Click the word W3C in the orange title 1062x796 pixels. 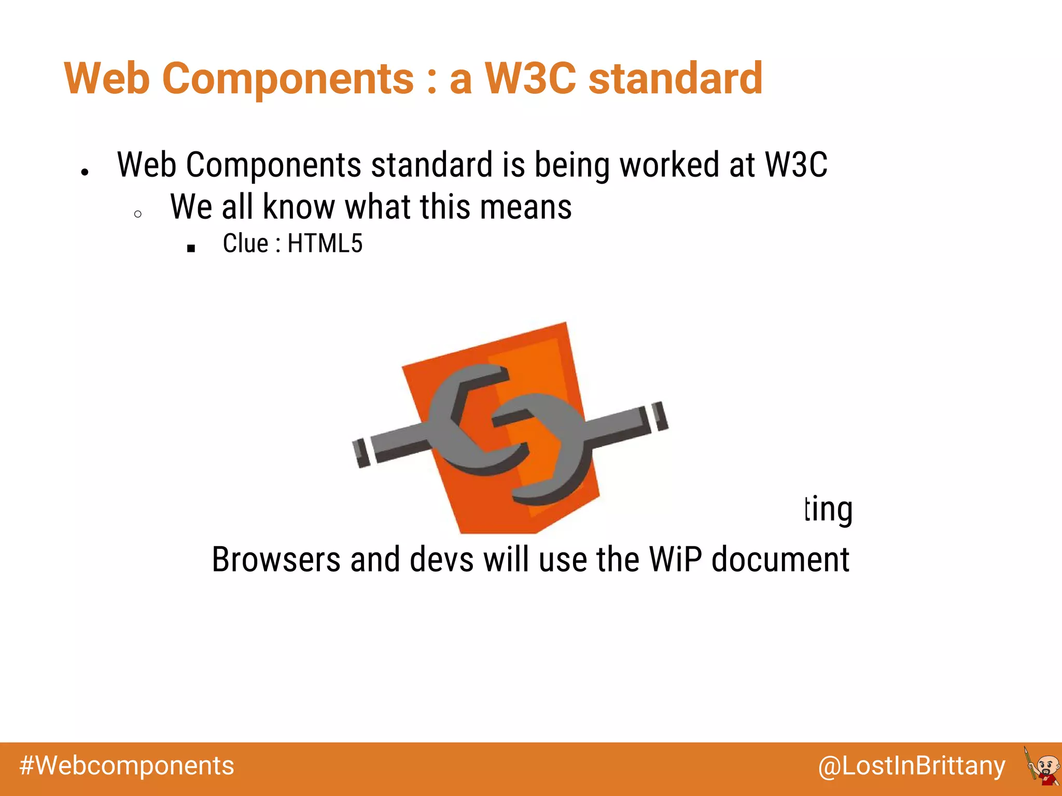click(x=530, y=79)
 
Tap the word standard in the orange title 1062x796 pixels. click(x=675, y=79)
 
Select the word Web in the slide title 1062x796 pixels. click(x=107, y=79)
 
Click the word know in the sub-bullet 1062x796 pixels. click(x=299, y=207)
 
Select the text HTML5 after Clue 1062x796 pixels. click(x=325, y=244)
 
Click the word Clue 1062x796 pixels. click(x=245, y=244)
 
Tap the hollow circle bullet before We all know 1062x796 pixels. click(x=137, y=214)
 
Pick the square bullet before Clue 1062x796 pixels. click(x=191, y=249)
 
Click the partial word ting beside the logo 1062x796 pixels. click(x=829, y=510)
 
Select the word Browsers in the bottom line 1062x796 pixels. click(x=276, y=560)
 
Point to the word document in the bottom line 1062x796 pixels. click(x=780, y=560)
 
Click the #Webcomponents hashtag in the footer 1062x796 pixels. click(x=127, y=766)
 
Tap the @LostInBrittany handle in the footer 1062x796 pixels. click(x=911, y=766)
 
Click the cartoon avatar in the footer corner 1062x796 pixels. click(x=1042, y=767)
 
